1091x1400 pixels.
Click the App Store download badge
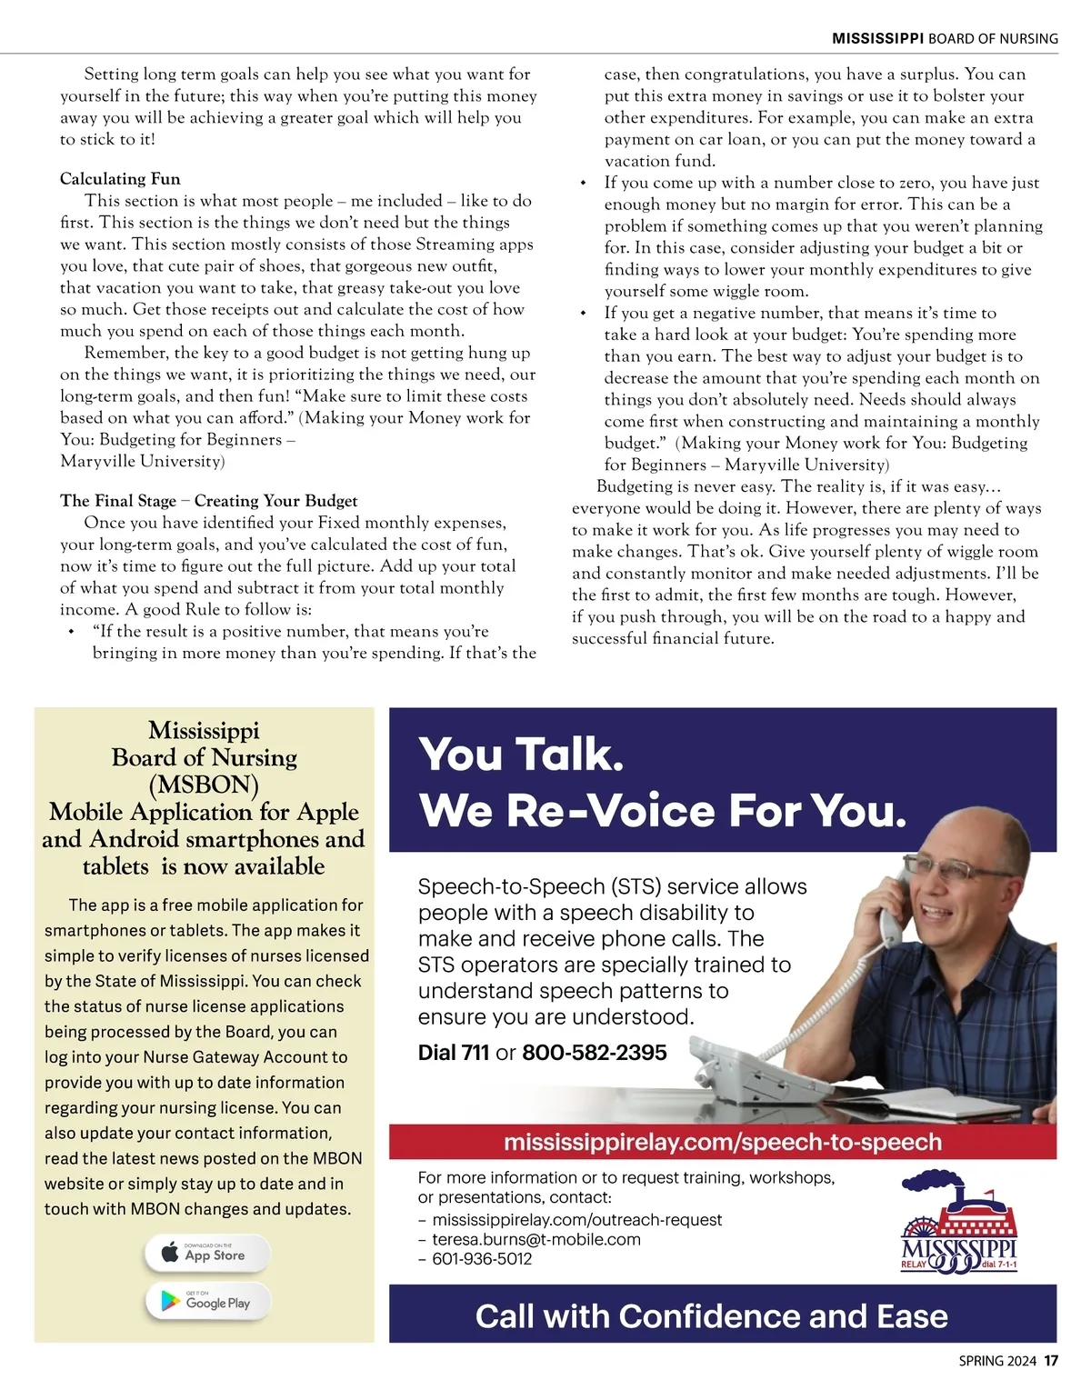click(206, 1255)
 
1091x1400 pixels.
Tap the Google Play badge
click(208, 1302)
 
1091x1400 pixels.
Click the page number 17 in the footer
click(1051, 1361)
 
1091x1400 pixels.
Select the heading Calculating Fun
click(120, 179)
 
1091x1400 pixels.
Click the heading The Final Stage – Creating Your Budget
click(208, 501)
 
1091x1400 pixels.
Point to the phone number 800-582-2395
click(595, 1053)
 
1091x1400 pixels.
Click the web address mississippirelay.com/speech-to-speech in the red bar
click(723, 1142)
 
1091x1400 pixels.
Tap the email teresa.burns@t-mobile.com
click(536, 1239)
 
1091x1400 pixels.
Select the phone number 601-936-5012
click(482, 1259)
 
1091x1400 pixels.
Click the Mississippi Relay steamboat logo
click(959, 1223)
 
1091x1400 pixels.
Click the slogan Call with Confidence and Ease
click(711, 1316)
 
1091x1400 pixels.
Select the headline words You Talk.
click(521, 755)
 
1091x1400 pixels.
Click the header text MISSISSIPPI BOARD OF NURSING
click(945, 38)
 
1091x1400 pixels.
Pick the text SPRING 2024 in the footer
click(997, 1361)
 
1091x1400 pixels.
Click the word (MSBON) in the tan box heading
click(204, 785)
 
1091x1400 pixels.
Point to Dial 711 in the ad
click(454, 1053)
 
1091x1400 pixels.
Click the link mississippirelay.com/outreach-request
click(577, 1219)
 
